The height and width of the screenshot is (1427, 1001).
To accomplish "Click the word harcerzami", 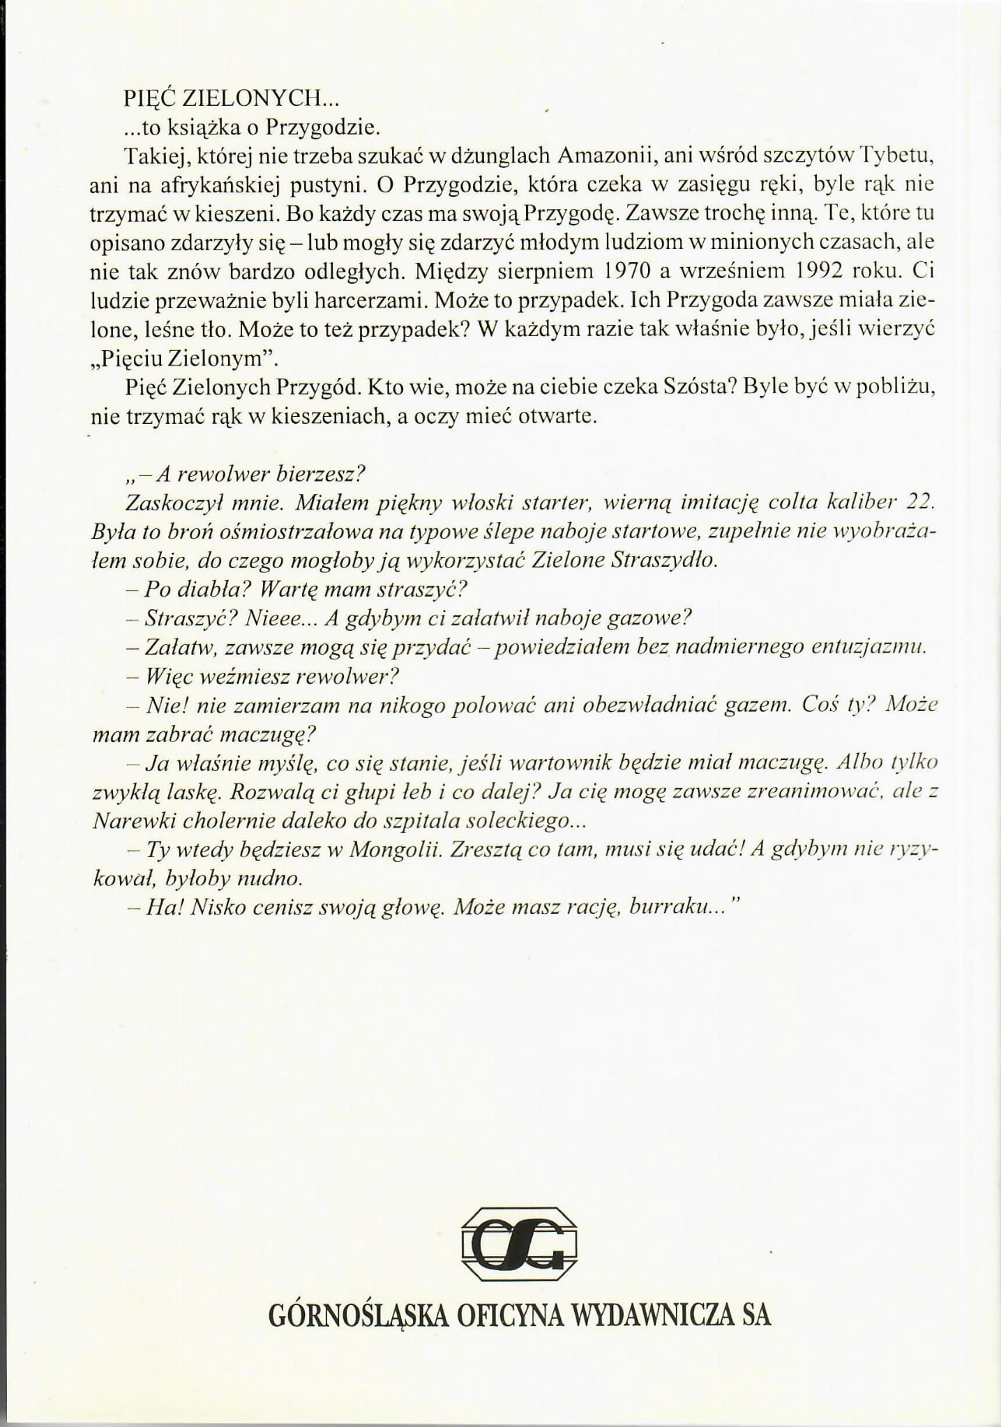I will [366, 299].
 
